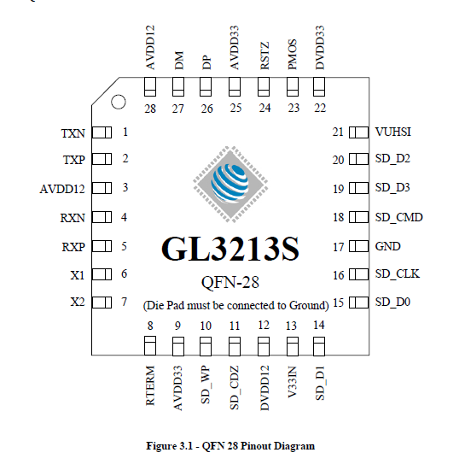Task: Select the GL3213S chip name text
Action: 230,249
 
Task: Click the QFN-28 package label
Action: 230,283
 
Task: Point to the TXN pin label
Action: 73,133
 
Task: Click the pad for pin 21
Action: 359,132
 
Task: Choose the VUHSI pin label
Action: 392,132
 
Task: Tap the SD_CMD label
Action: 399,217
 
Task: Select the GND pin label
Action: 387,246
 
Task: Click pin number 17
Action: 338,247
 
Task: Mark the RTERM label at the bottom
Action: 150,385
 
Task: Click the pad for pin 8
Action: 150,346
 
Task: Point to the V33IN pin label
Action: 292,382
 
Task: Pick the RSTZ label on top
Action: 264,56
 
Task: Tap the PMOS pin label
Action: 292,55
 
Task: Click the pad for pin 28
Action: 150,87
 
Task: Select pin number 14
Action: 319,325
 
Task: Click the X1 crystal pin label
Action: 78,275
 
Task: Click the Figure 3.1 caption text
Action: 230,446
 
